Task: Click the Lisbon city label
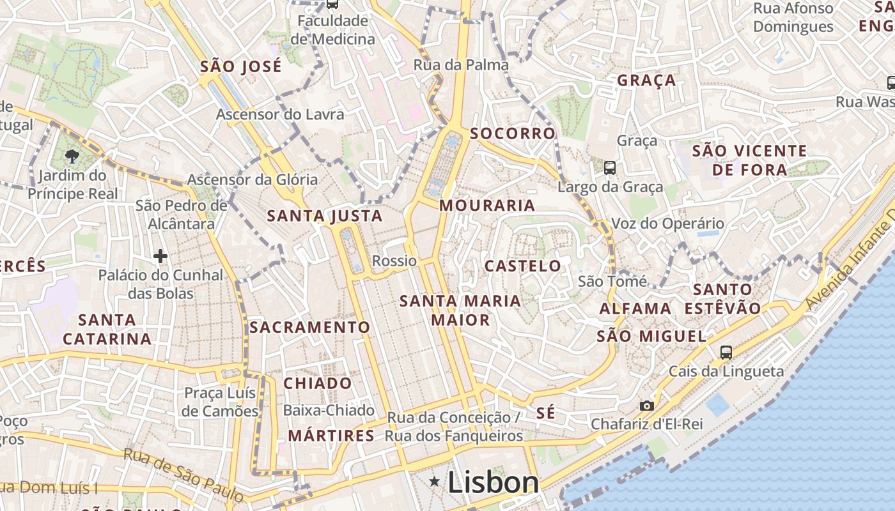pyautogui.click(x=493, y=482)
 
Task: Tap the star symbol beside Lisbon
pyautogui.click(x=435, y=481)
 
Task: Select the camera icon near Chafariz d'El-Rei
pyautogui.click(x=647, y=406)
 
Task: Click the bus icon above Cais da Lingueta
pyautogui.click(x=726, y=352)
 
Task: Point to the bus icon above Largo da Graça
pyautogui.click(x=610, y=168)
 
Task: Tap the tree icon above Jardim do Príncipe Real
pyautogui.click(x=72, y=156)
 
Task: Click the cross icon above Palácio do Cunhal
pyautogui.click(x=160, y=257)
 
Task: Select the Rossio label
pyautogui.click(x=394, y=261)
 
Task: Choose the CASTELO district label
pyautogui.click(x=522, y=266)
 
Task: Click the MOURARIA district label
pyautogui.click(x=487, y=205)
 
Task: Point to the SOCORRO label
pyautogui.click(x=513, y=133)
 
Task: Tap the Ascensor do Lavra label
pyautogui.click(x=280, y=114)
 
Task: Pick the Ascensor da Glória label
pyautogui.click(x=252, y=179)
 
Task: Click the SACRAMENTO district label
pyautogui.click(x=309, y=327)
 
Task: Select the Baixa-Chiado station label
pyautogui.click(x=329, y=410)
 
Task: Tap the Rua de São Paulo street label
pyautogui.click(x=183, y=475)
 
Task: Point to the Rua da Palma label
pyautogui.click(x=461, y=65)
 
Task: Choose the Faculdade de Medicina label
pyautogui.click(x=332, y=30)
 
